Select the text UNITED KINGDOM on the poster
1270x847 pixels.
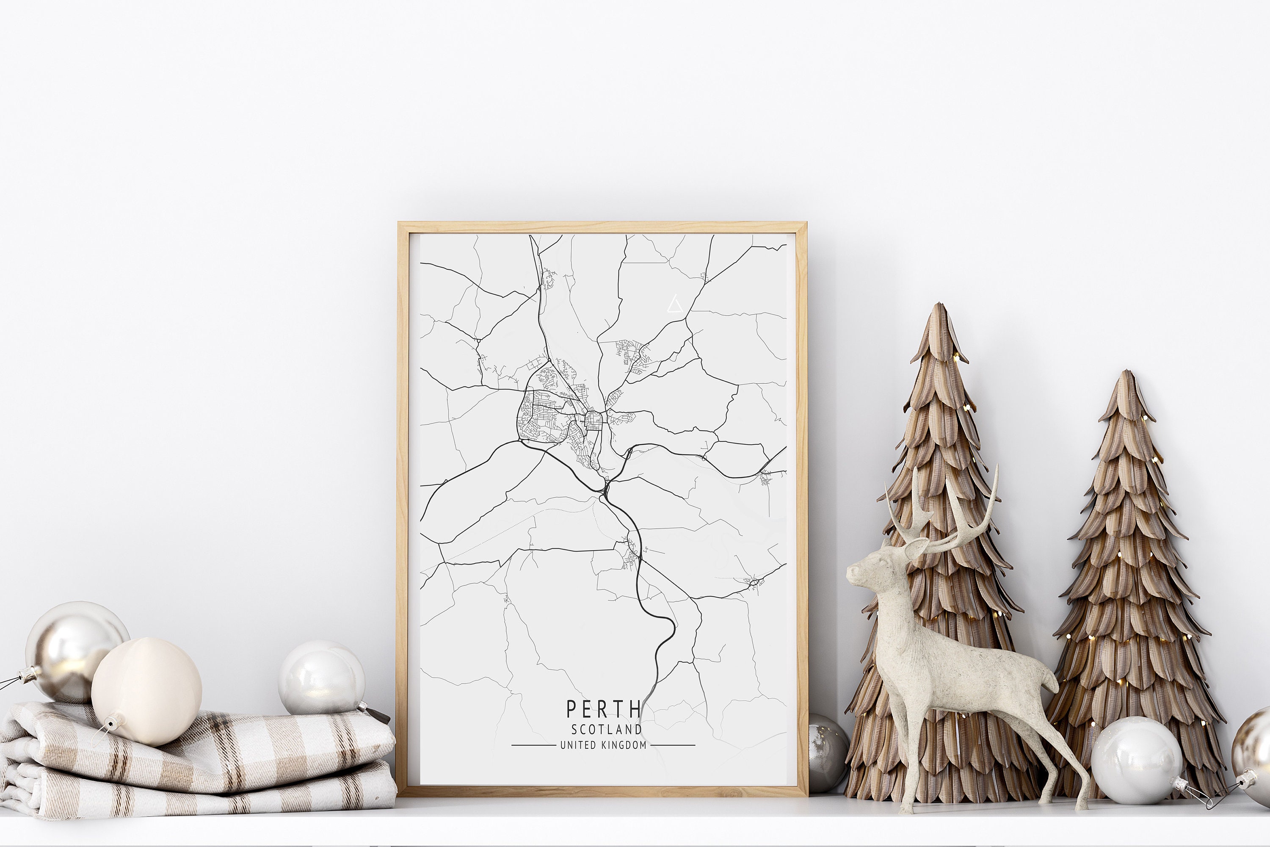click(x=603, y=745)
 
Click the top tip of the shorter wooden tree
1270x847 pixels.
click(x=1126, y=373)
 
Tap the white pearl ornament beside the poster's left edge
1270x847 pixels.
click(x=321, y=678)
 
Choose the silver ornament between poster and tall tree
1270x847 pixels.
click(x=826, y=751)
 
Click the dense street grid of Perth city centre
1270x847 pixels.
click(x=593, y=420)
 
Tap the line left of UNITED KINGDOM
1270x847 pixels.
click(x=533, y=745)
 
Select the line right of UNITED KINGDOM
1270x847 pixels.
click(x=672, y=745)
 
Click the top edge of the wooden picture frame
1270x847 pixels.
click(x=602, y=227)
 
